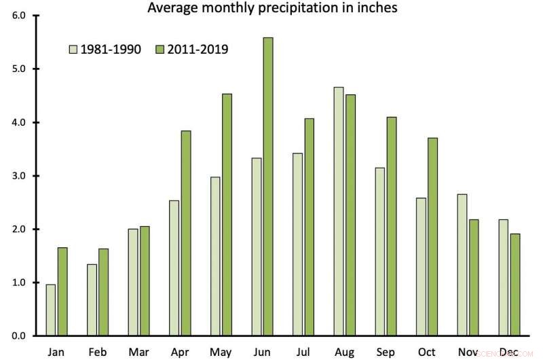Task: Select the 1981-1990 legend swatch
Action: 73,49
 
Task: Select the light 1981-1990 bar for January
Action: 50,310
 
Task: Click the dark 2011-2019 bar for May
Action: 227,215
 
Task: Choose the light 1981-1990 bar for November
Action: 462,265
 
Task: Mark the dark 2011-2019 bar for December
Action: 515,285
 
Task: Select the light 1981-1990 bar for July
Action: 296,245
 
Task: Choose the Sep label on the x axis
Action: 385,352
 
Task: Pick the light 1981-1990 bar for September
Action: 379,251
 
